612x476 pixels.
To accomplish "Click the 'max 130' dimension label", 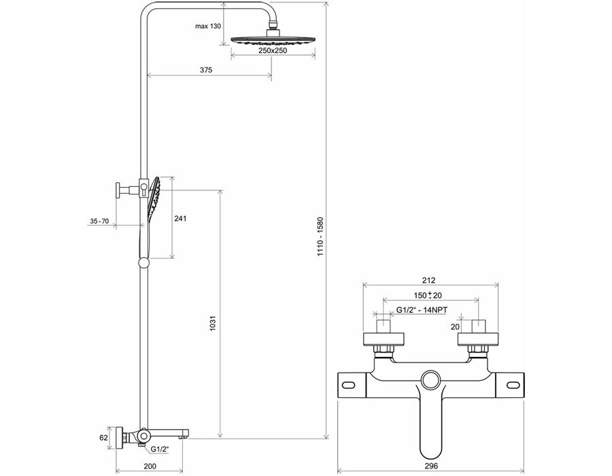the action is pyautogui.click(x=208, y=26).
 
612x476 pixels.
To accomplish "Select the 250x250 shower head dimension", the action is pyautogui.click(x=273, y=50).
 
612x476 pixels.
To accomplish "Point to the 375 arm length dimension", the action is pyautogui.click(x=206, y=70).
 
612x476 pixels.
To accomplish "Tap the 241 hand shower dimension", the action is pyautogui.click(x=180, y=218).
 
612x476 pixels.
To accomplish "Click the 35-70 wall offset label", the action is pyautogui.click(x=99, y=221).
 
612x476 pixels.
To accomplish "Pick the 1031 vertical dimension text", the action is pyautogui.click(x=213, y=324).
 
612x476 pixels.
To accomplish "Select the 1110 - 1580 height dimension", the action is pyautogui.click(x=320, y=237).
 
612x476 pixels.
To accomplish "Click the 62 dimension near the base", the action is pyautogui.click(x=103, y=438).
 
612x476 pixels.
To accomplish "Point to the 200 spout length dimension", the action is pyautogui.click(x=150, y=466).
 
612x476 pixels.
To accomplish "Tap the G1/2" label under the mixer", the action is pyautogui.click(x=160, y=449).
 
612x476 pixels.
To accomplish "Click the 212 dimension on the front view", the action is pyautogui.click(x=428, y=279).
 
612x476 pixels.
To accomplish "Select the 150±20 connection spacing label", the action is pyautogui.click(x=428, y=295).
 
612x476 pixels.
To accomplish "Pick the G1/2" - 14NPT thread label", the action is pyautogui.click(x=422, y=310).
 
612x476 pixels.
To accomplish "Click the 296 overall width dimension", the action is pyautogui.click(x=431, y=466).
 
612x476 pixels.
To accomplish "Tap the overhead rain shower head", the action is pyautogui.click(x=273, y=39).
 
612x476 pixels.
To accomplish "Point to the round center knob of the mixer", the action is pyautogui.click(x=431, y=380).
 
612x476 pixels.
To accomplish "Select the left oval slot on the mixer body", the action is pyautogui.click(x=349, y=385).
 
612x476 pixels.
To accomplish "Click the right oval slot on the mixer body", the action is pyautogui.click(x=513, y=385).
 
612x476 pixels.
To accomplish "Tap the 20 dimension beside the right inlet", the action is pyautogui.click(x=455, y=326).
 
